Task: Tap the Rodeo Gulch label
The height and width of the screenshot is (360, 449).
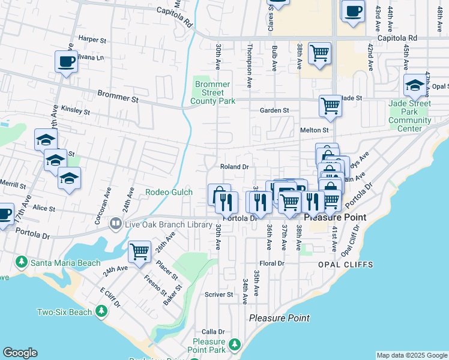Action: [169, 192]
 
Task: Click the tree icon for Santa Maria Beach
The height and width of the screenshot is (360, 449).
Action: [22, 262]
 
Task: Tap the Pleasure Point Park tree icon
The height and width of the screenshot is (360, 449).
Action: [235, 344]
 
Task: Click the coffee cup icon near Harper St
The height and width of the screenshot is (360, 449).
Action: [66, 61]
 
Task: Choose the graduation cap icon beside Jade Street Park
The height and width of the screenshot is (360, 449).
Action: [414, 86]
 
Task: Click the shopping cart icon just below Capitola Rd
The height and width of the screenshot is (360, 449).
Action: [320, 52]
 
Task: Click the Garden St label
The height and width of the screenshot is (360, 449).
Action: [274, 110]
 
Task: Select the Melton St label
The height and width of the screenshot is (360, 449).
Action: [315, 130]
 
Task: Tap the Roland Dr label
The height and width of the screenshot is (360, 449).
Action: [234, 166]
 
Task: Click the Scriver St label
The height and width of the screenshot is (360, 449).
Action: [218, 295]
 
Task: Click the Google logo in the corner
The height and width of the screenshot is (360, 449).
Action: [20, 353]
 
